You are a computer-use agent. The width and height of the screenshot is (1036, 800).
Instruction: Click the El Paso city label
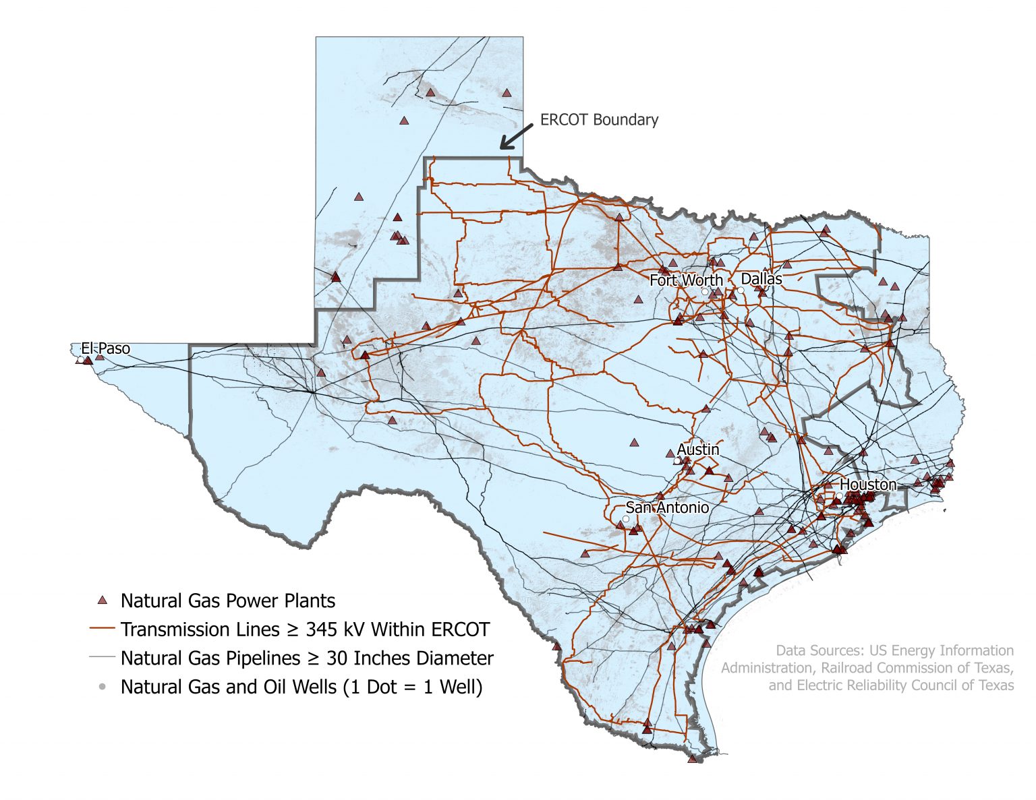coord(105,348)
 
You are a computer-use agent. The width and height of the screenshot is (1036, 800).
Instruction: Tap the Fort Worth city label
coord(686,280)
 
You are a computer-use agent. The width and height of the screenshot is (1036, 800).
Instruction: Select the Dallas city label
coord(761,278)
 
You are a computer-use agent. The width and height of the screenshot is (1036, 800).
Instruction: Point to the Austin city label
coord(698,449)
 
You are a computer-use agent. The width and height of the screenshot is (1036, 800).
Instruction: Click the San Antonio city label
coord(667,507)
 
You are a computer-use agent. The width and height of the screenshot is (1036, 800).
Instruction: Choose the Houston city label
coord(868,485)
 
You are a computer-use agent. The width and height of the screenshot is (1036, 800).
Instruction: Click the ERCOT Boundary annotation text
coord(599,119)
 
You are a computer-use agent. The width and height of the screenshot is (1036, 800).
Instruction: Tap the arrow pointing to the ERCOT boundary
coord(516,137)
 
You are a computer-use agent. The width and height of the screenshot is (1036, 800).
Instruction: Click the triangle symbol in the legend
coord(103,600)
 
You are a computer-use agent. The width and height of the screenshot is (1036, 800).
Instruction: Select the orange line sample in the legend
coord(103,629)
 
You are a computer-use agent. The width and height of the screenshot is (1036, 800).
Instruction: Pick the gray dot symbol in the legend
coord(103,687)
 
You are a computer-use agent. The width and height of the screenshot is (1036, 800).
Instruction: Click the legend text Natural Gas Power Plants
coord(227,601)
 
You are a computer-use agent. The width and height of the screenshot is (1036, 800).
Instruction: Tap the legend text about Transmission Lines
coord(305,629)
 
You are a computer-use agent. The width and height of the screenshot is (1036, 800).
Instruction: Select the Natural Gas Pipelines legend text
coord(307,658)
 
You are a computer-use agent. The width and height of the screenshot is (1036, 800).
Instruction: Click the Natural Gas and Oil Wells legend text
coord(301,687)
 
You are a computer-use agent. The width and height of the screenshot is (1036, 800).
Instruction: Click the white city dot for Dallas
coord(741,290)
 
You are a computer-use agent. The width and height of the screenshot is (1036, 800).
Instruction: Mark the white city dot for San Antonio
coord(625,519)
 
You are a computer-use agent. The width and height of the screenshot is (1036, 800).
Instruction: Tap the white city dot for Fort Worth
coord(705,292)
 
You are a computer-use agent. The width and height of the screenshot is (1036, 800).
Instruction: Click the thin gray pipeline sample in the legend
coord(103,657)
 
